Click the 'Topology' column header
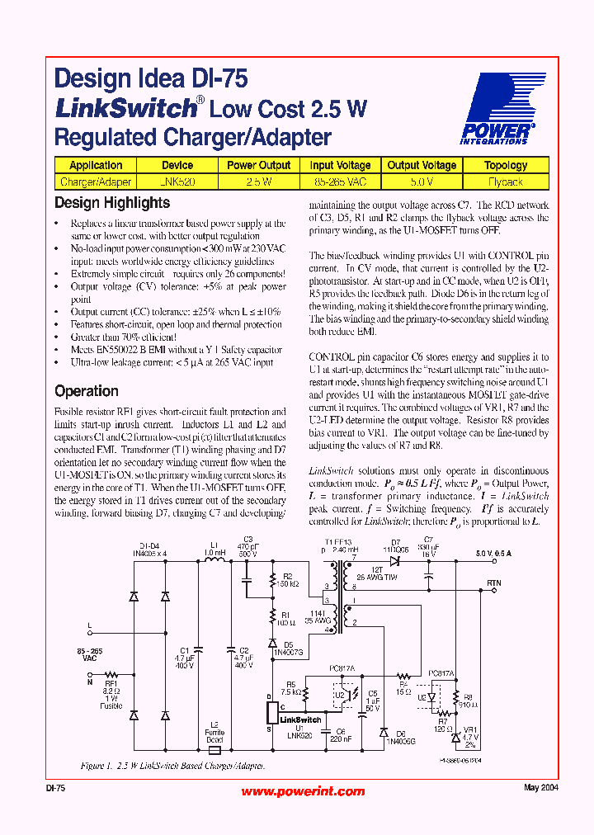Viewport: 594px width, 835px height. coord(506,165)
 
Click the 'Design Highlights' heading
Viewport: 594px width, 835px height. coord(112,203)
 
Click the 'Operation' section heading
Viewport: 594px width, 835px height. coord(87,391)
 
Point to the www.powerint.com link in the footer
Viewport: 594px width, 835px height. coord(303,791)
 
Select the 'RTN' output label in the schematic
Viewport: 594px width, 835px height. coord(494,583)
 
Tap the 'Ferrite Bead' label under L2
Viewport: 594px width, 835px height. coord(214,736)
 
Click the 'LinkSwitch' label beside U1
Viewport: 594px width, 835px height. coord(300,719)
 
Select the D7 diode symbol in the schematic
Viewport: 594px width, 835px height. coord(395,561)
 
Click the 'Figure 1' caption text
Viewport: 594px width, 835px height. coord(172,766)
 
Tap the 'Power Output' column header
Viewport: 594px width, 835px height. coord(258,165)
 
